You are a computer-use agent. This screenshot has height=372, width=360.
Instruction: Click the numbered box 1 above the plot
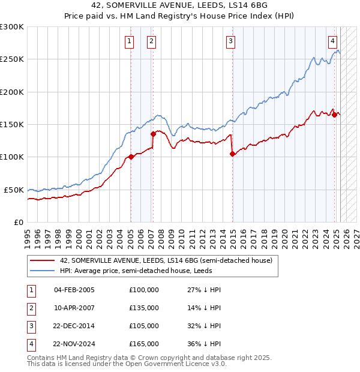130,41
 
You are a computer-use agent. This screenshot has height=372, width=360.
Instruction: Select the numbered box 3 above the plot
231,41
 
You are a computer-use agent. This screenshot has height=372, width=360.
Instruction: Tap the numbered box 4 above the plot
332,41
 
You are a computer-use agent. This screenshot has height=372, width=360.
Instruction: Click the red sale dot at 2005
131,157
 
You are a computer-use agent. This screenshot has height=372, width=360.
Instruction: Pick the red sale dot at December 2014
232,154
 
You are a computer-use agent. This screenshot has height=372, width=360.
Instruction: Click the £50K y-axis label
14,190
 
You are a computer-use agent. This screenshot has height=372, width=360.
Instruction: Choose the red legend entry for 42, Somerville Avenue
166,260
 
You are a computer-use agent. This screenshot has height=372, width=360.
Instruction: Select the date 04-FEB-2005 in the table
74,290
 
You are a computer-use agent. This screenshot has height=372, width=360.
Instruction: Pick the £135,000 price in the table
144,308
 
